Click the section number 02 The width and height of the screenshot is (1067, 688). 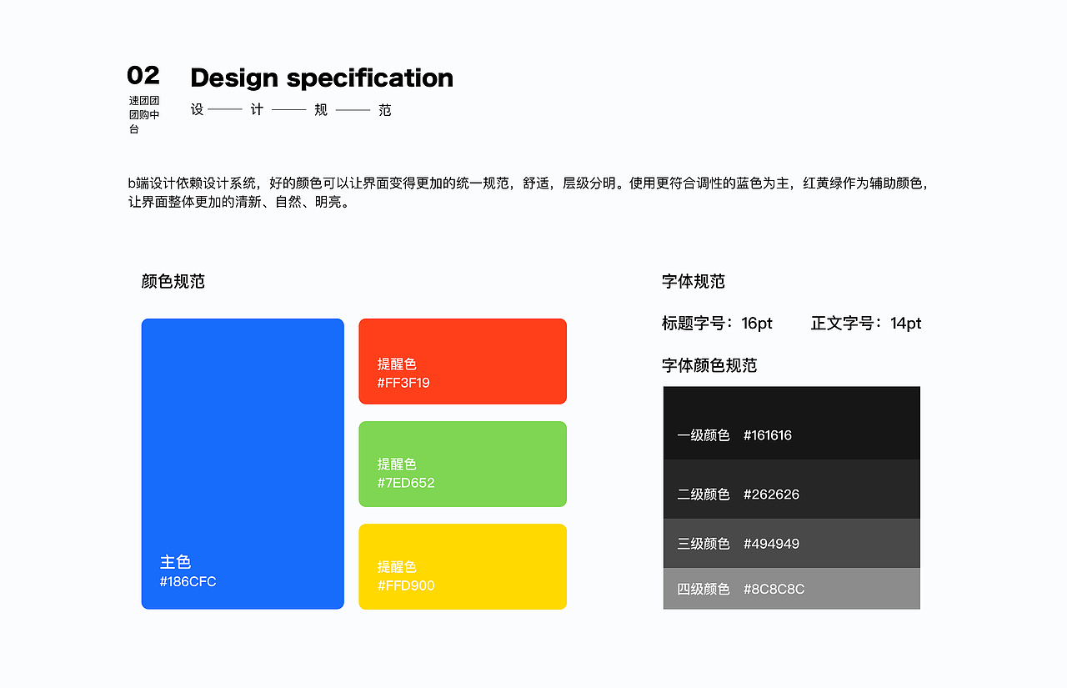[143, 75]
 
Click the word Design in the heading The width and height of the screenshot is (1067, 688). [234, 78]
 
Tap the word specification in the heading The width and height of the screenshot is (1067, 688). [369, 78]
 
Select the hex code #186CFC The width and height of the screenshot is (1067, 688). [188, 581]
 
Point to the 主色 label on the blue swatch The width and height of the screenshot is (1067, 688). [175, 562]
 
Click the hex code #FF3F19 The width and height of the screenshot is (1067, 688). [403, 383]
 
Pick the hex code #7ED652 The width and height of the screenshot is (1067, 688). [406, 483]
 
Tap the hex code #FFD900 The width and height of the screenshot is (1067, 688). [406, 585]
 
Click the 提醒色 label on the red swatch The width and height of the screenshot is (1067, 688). [397, 364]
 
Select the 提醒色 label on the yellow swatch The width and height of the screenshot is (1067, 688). [397, 567]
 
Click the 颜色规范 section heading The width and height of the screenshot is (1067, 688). [173, 282]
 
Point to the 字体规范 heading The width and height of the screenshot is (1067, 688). [693, 282]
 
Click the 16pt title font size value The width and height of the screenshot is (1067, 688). [756, 324]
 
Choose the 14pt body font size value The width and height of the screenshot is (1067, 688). [905, 324]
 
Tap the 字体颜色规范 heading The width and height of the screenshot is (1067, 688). [709, 365]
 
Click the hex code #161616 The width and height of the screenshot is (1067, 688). [768, 435]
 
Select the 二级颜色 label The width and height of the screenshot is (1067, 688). [704, 494]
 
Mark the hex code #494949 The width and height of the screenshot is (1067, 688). [771, 544]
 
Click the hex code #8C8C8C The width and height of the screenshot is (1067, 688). [774, 590]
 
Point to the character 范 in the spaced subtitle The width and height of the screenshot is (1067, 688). [385, 110]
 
